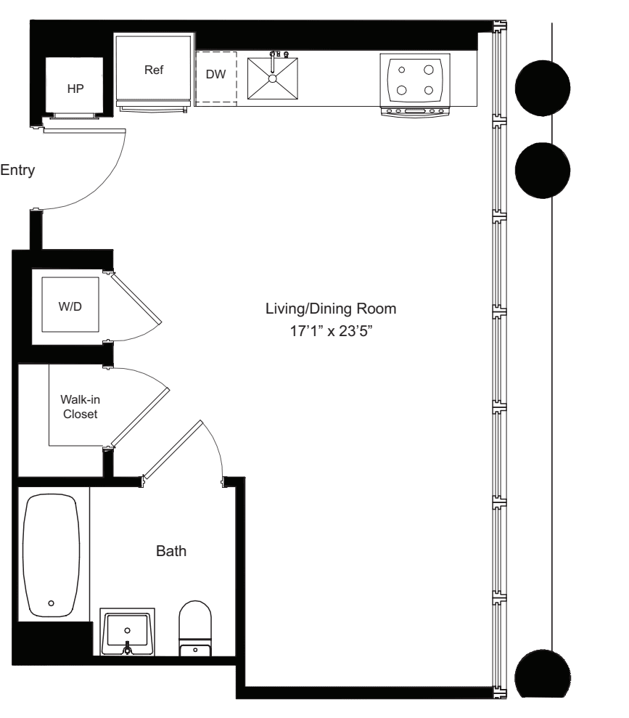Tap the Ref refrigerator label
(155, 70)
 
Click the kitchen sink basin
(272, 78)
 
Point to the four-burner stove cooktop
(416, 80)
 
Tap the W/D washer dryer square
(70, 306)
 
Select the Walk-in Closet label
(79, 407)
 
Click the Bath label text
(172, 551)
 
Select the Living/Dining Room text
(331, 309)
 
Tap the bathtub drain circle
(51, 603)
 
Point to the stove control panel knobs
(416, 111)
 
